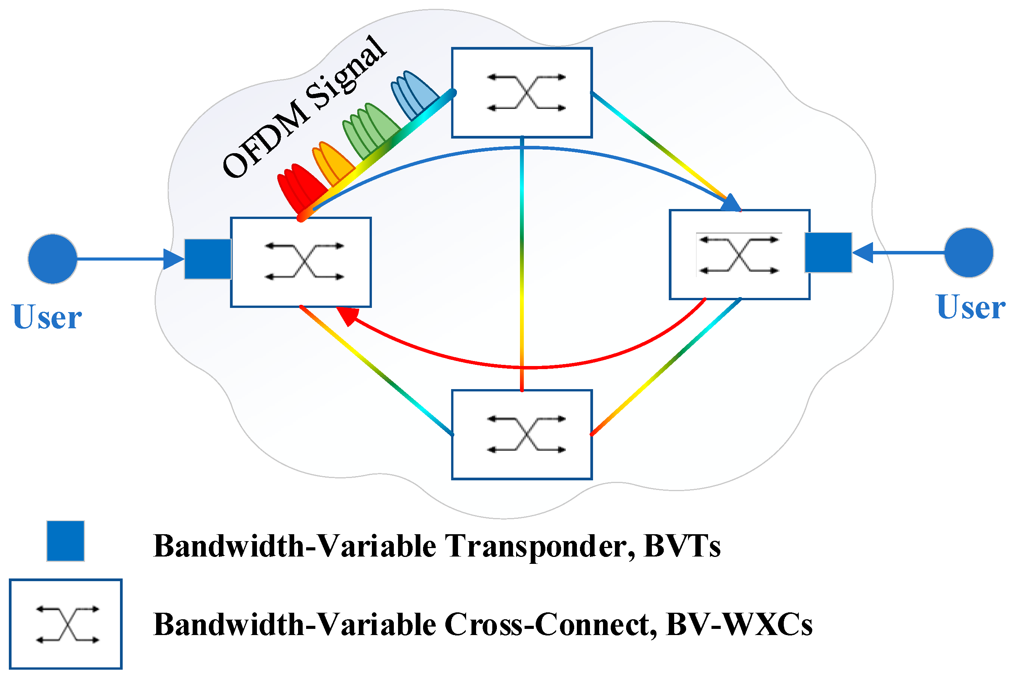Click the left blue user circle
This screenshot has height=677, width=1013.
click(53, 259)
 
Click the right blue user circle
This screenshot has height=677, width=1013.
click(968, 252)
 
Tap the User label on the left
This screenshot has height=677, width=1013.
click(47, 318)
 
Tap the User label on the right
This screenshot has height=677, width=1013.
click(971, 308)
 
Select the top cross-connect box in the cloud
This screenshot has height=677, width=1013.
click(521, 93)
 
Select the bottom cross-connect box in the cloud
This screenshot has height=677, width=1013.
click(521, 435)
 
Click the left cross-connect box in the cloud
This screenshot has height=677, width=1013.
click(301, 262)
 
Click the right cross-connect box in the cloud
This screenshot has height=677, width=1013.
click(739, 254)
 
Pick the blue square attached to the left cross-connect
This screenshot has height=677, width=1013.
click(208, 259)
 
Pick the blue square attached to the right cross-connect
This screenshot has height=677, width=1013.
click(828, 252)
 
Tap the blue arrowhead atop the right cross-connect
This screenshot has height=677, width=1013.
click(731, 203)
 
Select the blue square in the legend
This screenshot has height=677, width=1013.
click(66, 541)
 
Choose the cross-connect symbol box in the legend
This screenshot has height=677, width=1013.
click(66, 624)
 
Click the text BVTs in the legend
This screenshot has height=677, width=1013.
click(681, 546)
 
